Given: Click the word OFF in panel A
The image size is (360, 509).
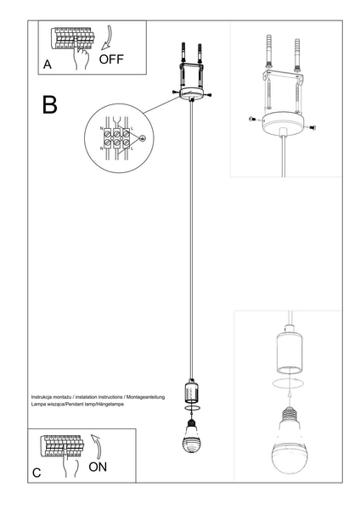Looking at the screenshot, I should (x=112, y=59).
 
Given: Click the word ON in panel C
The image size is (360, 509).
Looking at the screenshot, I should (x=98, y=466).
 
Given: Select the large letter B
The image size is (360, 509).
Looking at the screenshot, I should (x=50, y=104).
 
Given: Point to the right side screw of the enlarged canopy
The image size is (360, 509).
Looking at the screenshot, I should (x=310, y=126).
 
